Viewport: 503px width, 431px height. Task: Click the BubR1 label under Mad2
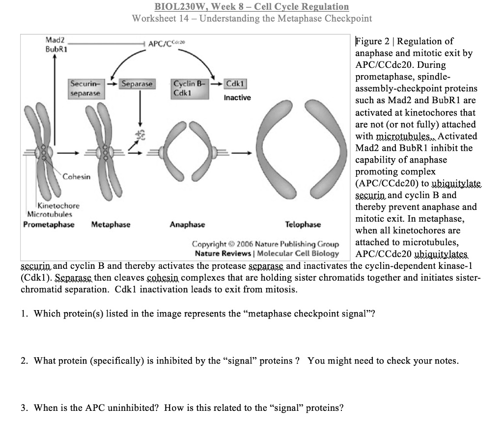[56, 49]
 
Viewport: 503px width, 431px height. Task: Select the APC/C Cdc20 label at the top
[165, 44]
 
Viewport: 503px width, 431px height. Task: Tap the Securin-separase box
[85, 88]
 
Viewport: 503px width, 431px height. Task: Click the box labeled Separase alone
[137, 84]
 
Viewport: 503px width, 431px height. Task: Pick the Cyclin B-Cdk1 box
[186, 88]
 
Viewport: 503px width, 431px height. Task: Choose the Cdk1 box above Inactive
[236, 84]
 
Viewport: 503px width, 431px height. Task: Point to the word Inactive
[237, 98]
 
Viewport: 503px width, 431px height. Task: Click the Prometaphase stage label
[49, 225]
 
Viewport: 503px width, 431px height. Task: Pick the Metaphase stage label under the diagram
[111, 225]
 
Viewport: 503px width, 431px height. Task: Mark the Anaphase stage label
[187, 225]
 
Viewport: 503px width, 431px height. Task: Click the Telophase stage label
[303, 225]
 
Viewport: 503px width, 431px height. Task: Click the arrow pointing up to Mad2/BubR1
[55, 98]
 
